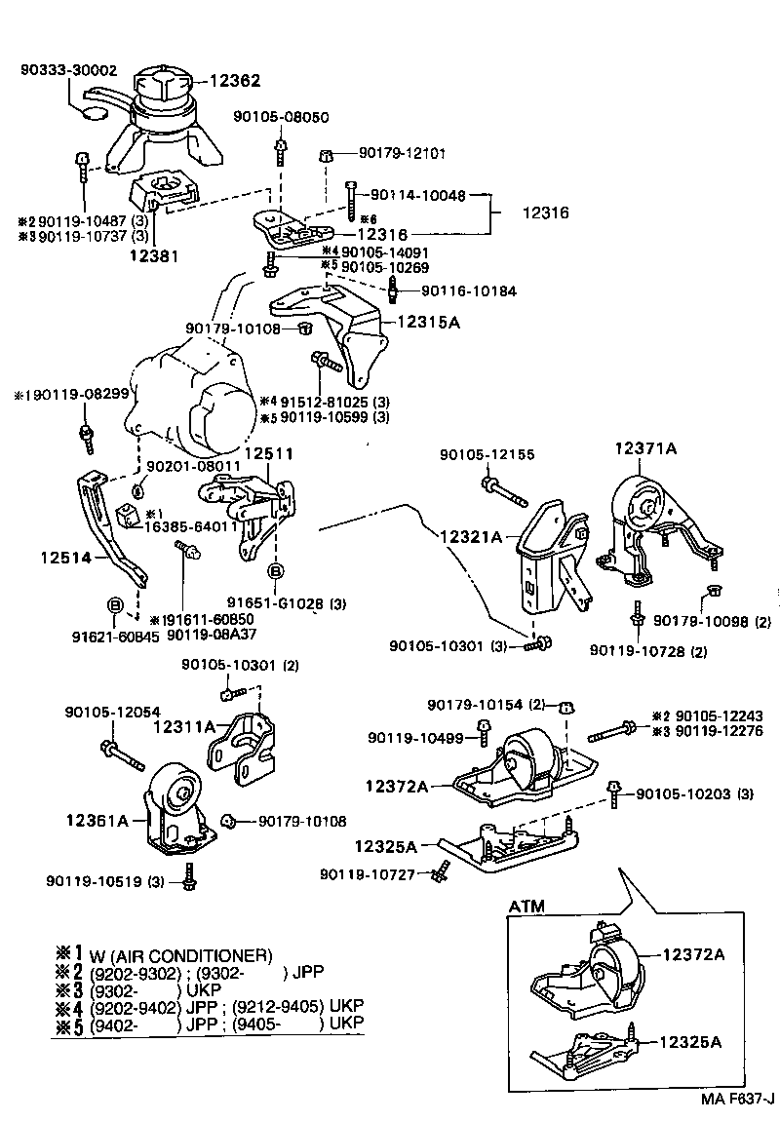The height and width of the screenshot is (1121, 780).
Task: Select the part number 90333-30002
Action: (69, 70)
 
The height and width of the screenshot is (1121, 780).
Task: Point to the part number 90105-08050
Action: (281, 117)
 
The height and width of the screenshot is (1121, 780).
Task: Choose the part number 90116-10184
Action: (469, 290)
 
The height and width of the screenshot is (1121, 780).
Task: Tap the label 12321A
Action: (471, 536)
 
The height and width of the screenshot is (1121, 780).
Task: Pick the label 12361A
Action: (97, 821)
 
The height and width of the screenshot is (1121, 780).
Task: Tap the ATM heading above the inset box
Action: (526, 906)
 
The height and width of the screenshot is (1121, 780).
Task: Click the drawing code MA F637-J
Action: (735, 1099)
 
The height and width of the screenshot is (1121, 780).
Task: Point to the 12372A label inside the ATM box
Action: (692, 954)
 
